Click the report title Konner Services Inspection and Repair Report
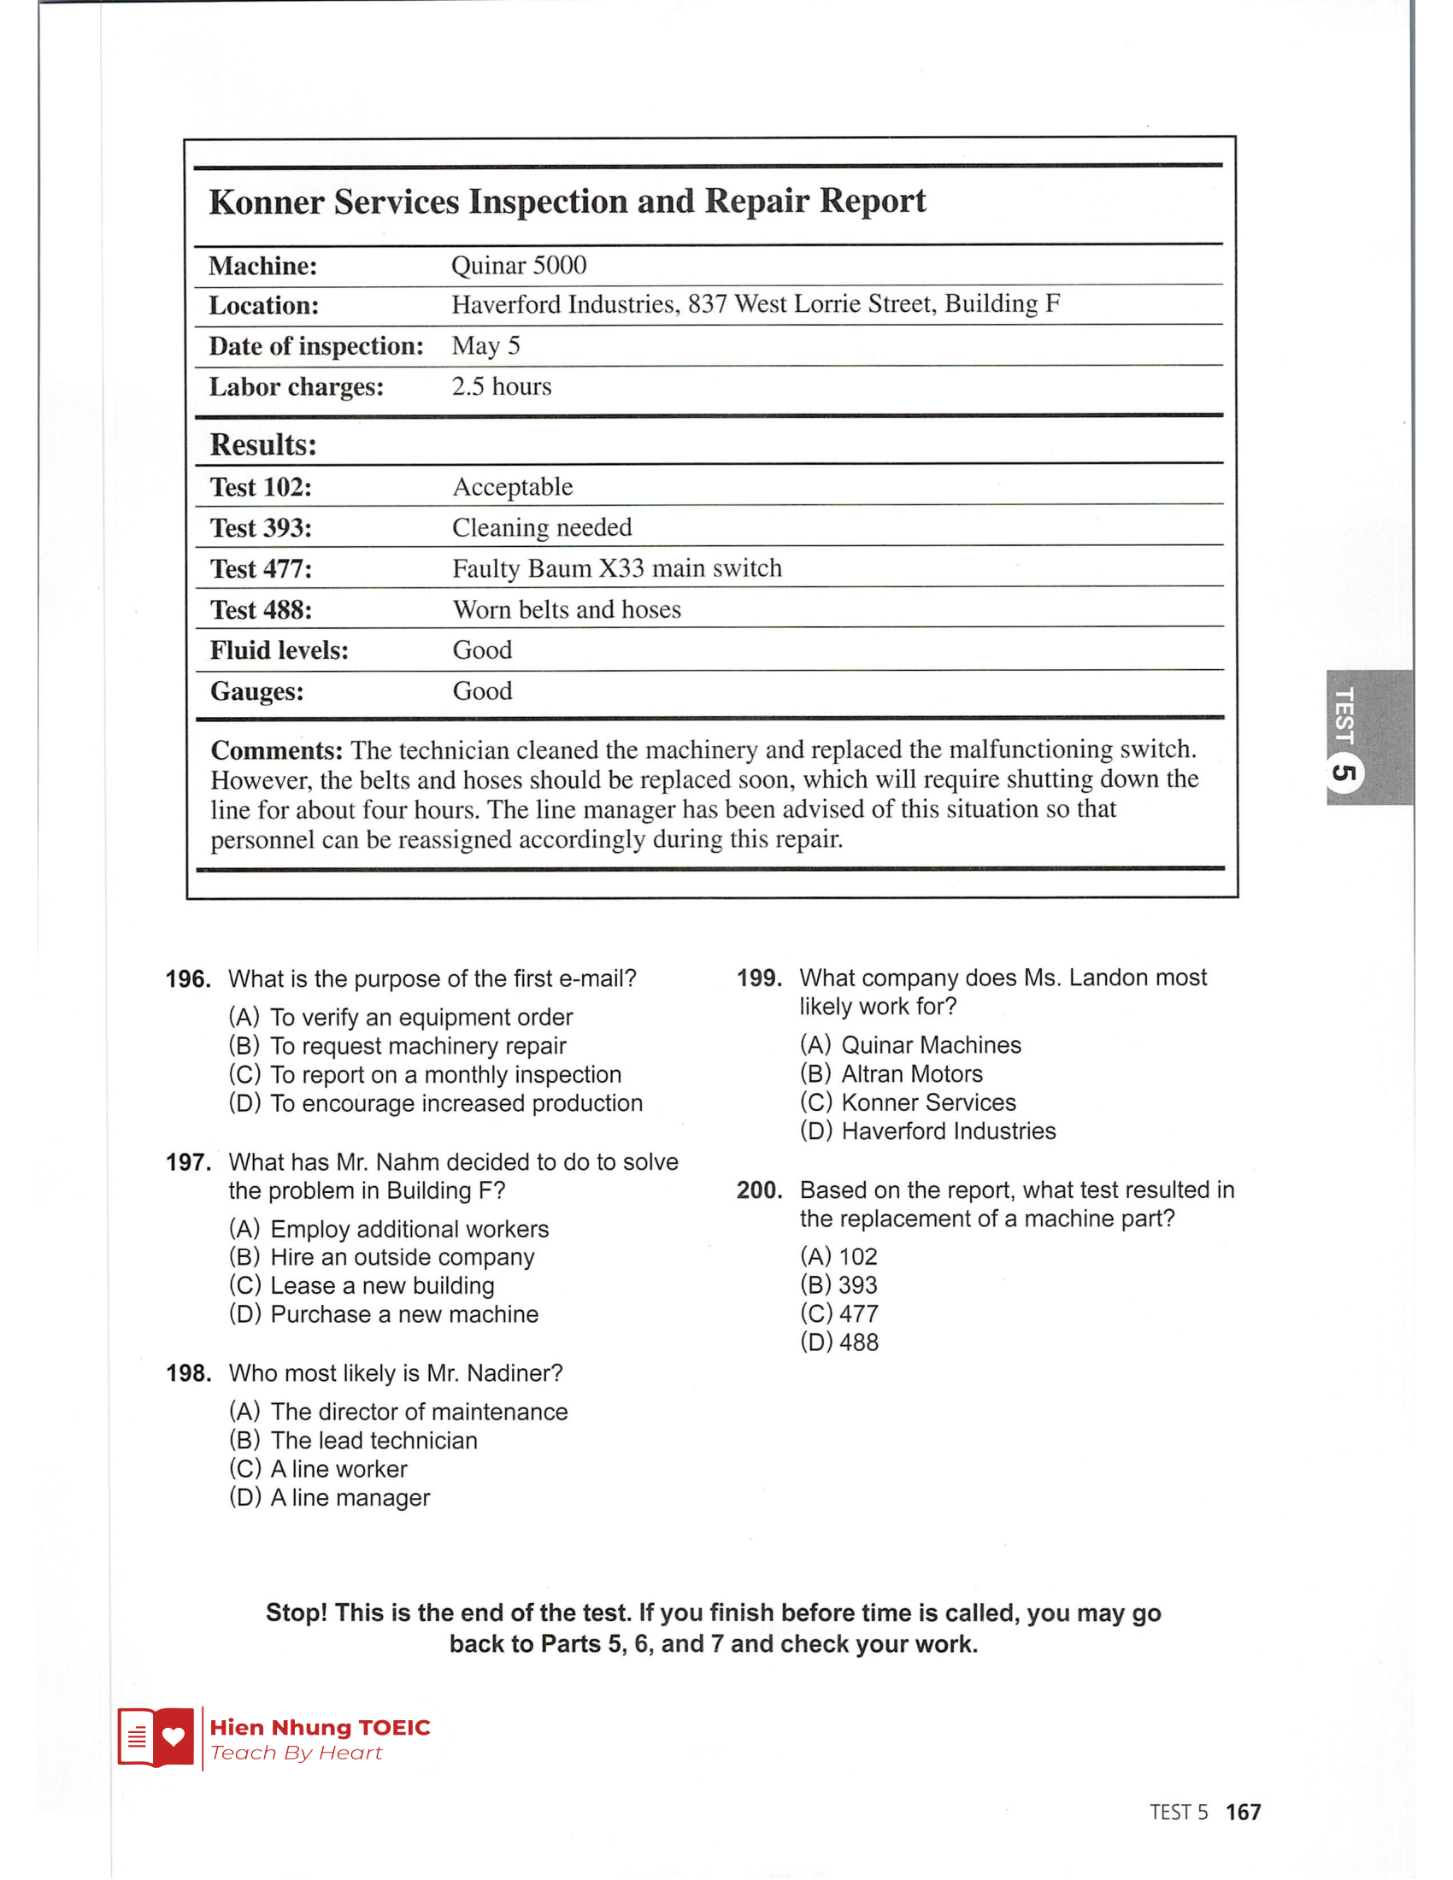pyautogui.click(x=568, y=202)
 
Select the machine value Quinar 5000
pyautogui.click(x=518, y=265)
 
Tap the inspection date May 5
pyautogui.click(x=485, y=346)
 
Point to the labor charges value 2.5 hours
pyautogui.click(x=501, y=386)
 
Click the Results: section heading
pyautogui.click(x=263, y=445)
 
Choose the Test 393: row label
pyautogui.click(x=261, y=527)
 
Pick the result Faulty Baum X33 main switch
pyautogui.click(x=616, y=568)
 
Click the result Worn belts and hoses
pyautogui.click(x=567, y=609)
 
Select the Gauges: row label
pyautogui.click(x=256, y=691)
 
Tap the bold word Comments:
pyautogui.click(x=276, y=749)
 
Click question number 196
pyautogui.click(x=188, y=978)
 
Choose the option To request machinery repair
pyautogui.click(x=417, y=1046)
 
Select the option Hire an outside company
pyautogui.click(x=402, y=1257)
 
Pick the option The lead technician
pyautogui.click(x=374, y=1440)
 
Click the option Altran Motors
pyautogui.click(x=911, y=1073)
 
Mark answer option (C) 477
pyautogui.click(x=839, y=1313)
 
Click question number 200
pyautogui.click(x=758, y=1190)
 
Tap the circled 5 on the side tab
pyautogui.click(x=1344, y=773)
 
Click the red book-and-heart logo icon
pyautogui.click(x=156, y=1737)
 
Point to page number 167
pyautogui.click(x=1242, y=1812)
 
